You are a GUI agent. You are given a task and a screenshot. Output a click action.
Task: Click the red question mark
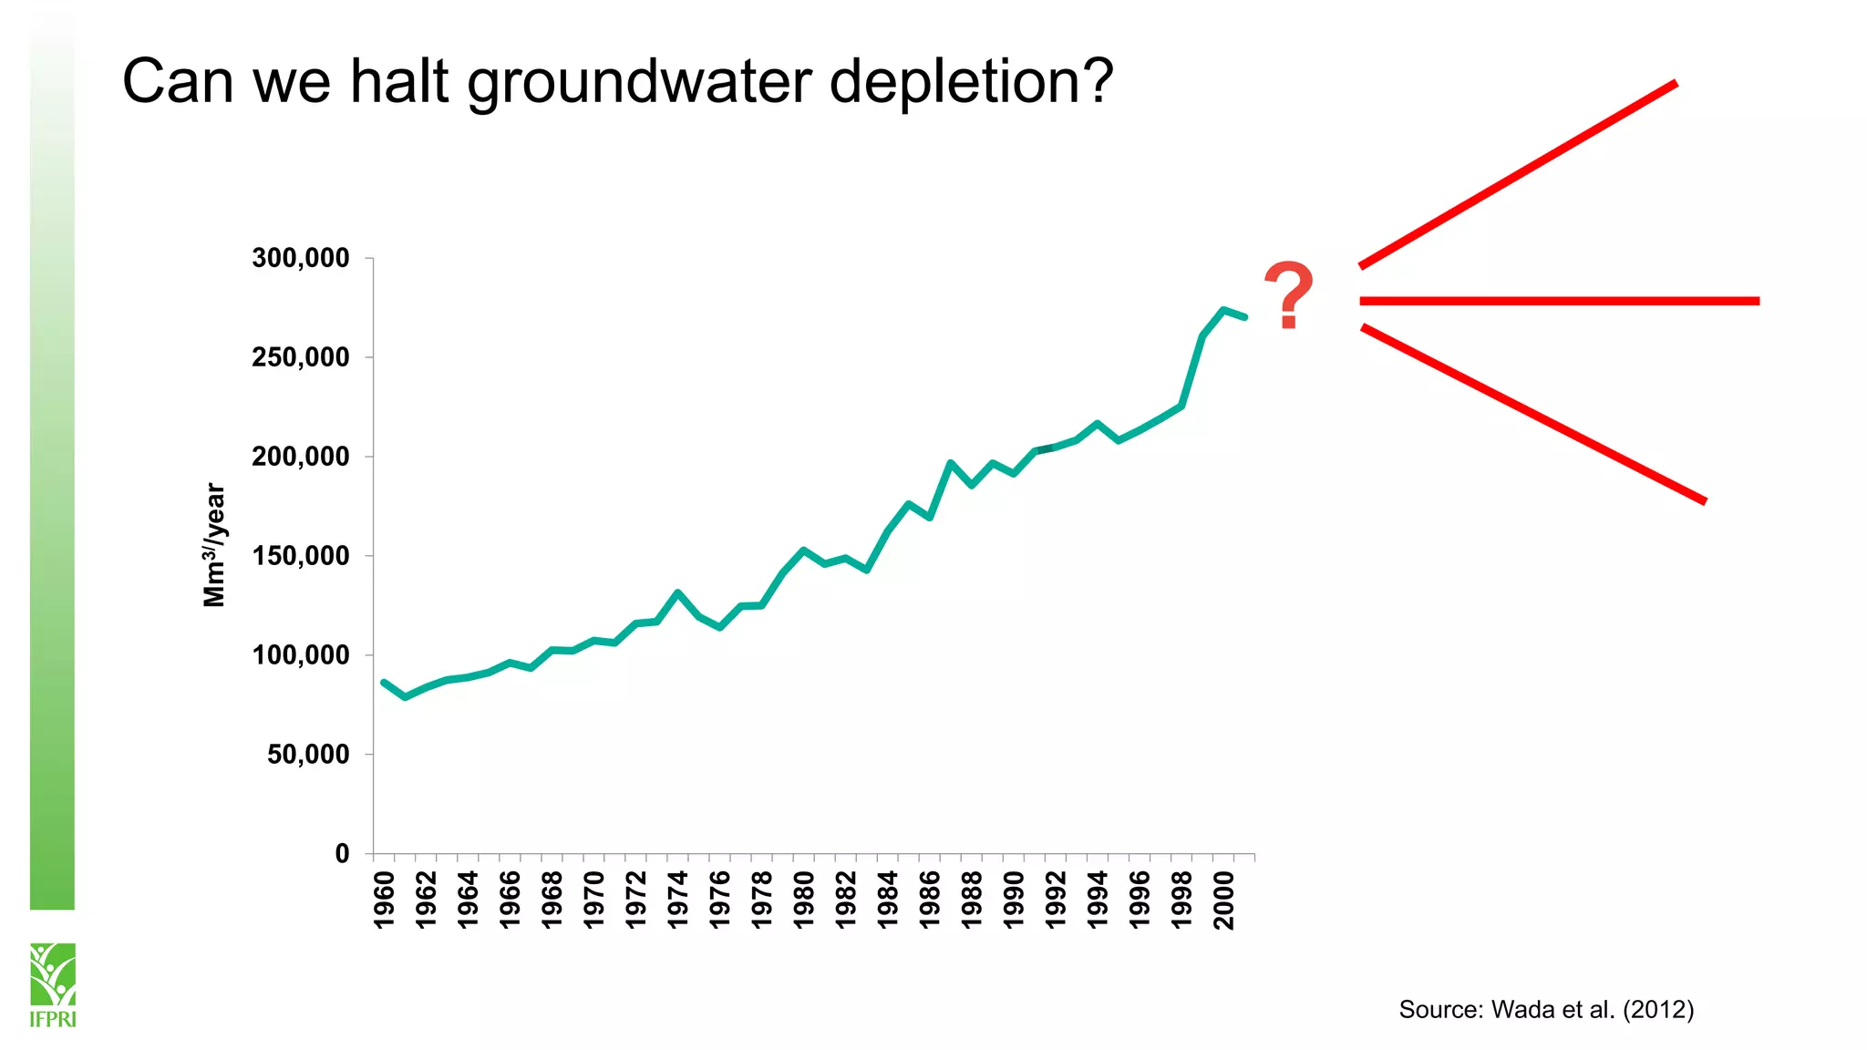(x=1288, y=295)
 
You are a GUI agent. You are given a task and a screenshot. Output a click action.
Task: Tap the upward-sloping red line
(x=1518, y=174)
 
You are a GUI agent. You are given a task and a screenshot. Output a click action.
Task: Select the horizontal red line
(x=1559, y=301)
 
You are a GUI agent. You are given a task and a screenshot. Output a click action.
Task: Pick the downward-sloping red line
(x=1532, y=413)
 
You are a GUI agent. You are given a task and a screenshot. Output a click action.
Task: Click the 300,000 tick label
(x=301, y=258)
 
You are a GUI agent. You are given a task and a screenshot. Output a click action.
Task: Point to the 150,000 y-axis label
(x=301, y=556)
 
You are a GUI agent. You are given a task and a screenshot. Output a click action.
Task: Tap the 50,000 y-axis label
(x=308, y=755)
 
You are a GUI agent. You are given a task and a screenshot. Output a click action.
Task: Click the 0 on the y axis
(x=343, y=854)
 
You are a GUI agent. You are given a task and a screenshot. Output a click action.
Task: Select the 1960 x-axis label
(x=385, y=900)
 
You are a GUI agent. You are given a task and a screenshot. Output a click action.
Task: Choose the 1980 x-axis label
(x=804, y=900)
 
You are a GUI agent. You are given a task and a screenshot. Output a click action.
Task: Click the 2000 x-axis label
(x=1224, y=900)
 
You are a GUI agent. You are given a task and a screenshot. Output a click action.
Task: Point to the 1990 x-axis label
(x=1014, y=900)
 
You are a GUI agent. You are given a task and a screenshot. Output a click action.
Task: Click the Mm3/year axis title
(x=214, y=545)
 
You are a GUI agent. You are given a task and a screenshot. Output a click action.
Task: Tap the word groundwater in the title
(x=639, y=82)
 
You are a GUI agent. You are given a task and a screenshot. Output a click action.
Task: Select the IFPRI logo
(x=53, y=984)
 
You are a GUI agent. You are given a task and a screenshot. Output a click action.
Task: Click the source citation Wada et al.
(x=1546, y=1010)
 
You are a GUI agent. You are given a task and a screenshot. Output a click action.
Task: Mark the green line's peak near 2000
(x=1223, y=310)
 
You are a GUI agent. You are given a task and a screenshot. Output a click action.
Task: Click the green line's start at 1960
(x=384, y=682)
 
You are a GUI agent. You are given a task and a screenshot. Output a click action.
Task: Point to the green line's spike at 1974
(x=677, y=592)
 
